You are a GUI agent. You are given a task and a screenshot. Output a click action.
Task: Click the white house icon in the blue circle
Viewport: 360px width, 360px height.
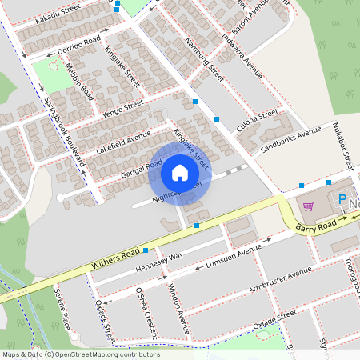(180, 173)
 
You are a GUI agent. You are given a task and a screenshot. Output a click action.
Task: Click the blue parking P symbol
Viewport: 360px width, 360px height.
(342, 201)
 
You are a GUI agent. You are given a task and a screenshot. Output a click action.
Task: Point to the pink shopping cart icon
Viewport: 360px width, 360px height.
(308, 206)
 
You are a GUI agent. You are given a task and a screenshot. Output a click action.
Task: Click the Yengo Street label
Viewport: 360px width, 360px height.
(122, 109)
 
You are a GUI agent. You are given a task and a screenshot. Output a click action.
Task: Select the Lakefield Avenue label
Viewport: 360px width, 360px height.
(123, 141)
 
